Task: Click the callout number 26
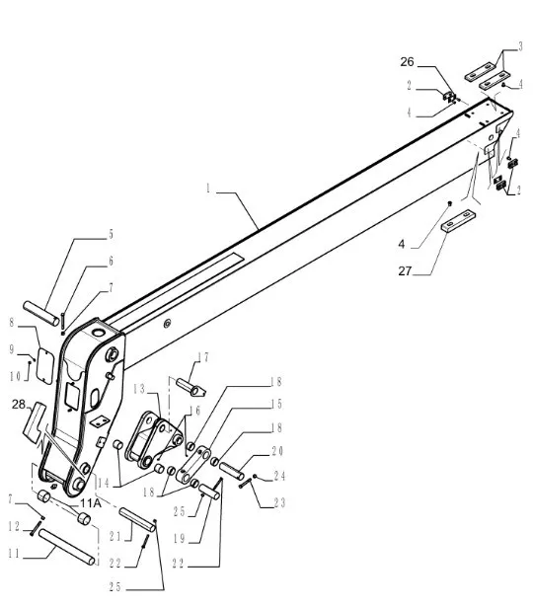(407, 61)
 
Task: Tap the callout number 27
(405, 271)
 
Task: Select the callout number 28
(18, 405)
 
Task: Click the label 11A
(91, 503)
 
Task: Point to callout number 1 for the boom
(208, 189)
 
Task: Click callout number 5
(111, 235)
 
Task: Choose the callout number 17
(203, 357)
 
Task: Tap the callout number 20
(277, 451)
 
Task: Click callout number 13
(139, 389)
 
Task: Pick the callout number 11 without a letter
(14, 554)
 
